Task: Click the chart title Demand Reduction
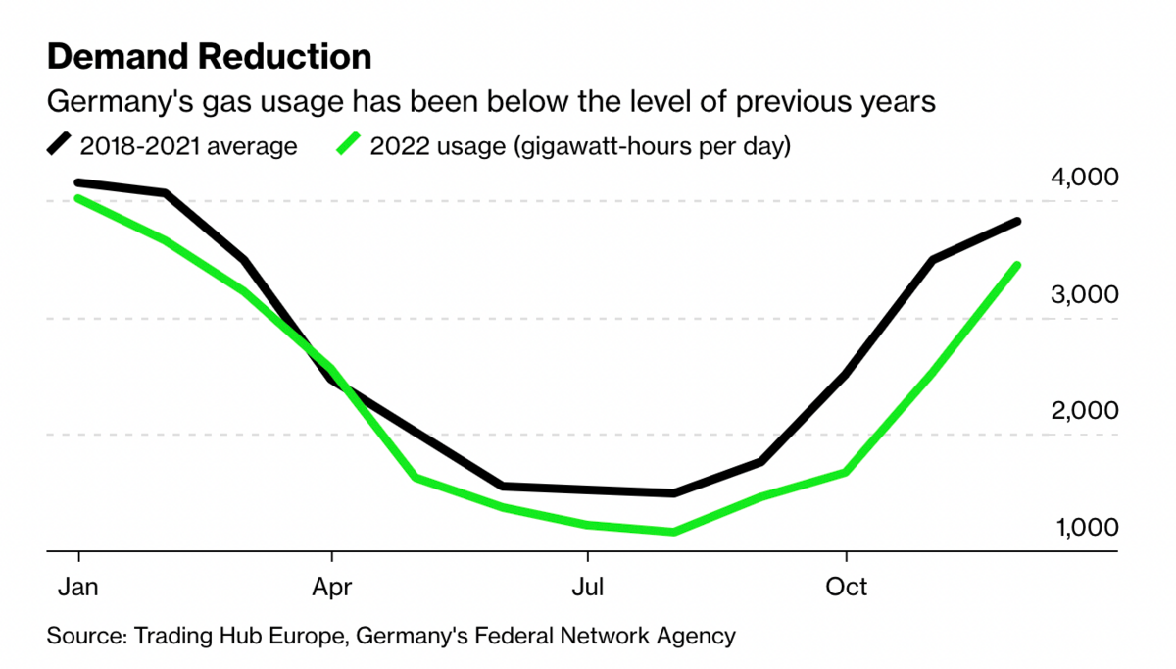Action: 209,56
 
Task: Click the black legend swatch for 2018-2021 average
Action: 60,145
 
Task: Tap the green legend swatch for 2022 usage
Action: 350,145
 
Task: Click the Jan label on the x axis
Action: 77,587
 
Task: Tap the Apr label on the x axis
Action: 332,587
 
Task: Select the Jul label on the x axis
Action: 587,587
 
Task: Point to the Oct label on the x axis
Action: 846,587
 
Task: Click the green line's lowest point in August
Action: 674,532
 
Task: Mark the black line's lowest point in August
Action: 674,493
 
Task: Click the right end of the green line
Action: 1019,265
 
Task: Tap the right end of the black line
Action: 1019,222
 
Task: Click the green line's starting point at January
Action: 77,198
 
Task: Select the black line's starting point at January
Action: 77,182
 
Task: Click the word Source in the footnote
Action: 82,636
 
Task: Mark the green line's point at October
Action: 846,473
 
